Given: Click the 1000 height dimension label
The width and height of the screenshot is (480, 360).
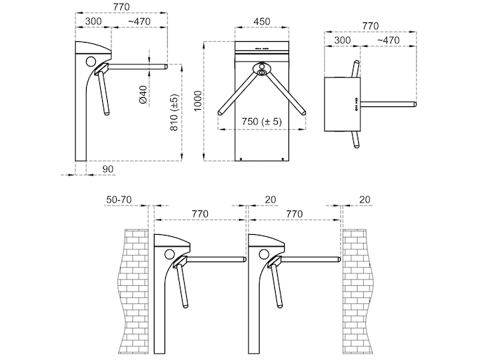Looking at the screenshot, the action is [x=198, y=101].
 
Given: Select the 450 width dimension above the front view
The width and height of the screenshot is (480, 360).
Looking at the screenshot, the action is [x=262, y=22].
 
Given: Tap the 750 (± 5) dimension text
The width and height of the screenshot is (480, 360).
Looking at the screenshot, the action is [x=261, y=122].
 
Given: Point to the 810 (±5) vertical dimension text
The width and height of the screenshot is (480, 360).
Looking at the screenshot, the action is [x=174, y=112].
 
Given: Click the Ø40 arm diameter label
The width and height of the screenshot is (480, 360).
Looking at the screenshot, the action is [x=143, y=94].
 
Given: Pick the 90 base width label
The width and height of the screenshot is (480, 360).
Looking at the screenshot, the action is [x=108, y=169].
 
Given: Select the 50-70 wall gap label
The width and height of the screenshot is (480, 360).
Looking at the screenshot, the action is [x=119, y=200].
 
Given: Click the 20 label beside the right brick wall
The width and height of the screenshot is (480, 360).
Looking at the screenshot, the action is [x=365, y=200].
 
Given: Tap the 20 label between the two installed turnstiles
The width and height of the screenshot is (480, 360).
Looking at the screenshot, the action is [x=270, y=200].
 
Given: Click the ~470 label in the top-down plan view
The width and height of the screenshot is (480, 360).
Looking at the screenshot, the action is [x=388, y=40].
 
